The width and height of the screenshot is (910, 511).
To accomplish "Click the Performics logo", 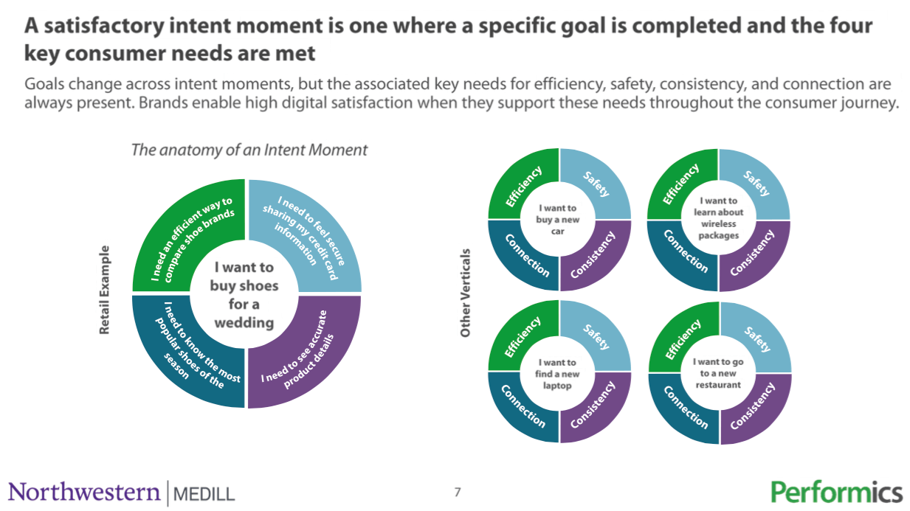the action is tap(836, 493).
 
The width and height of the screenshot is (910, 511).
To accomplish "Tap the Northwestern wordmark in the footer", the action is tap(84, 493).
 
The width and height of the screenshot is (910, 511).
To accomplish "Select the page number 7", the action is tap(458, 493).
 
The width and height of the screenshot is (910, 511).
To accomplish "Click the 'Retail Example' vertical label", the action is tap(104, 290).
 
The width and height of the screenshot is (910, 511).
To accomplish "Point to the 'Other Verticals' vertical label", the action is tap(465, 293).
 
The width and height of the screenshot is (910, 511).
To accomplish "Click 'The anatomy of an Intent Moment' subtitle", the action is tap(249, 150).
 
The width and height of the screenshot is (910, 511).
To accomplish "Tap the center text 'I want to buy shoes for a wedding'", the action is tap(244, 295).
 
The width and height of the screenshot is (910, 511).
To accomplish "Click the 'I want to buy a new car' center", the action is tap(558, 220).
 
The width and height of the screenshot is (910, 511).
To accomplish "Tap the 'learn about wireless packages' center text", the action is tap(718, 218).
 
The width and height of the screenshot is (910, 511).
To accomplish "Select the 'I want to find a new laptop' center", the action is tap(557, 374).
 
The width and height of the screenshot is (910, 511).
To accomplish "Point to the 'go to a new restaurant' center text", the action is tap(718, 373).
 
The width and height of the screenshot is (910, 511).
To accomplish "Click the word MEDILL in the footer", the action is tap(204, 494).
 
